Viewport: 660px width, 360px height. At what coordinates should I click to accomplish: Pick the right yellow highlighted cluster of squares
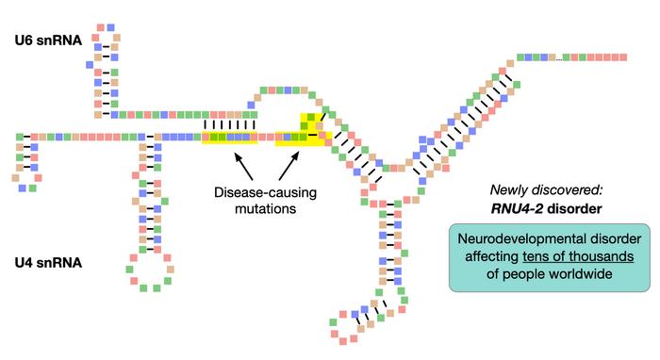click(x=303, y=133)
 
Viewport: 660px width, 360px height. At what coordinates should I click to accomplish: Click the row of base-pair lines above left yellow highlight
click(x=231, y=123)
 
